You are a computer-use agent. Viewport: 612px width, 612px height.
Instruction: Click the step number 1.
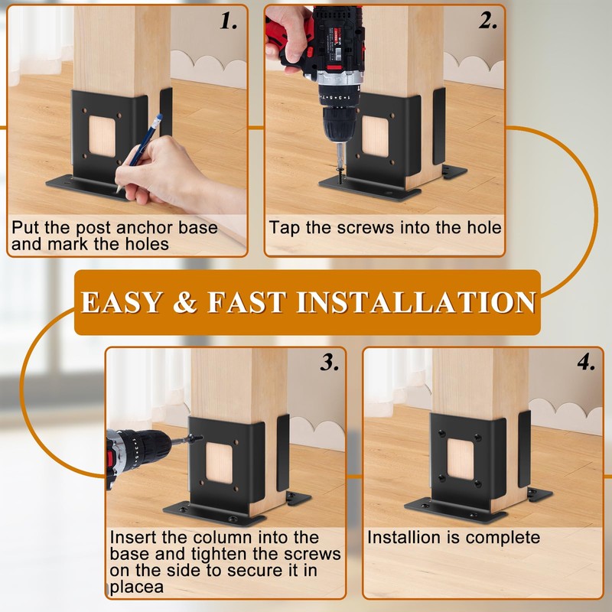(x=228, y=21)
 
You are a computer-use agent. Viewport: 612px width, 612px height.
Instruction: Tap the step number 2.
(x=488, y=21)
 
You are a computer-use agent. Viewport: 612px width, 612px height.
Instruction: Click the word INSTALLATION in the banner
(x=416, y=302)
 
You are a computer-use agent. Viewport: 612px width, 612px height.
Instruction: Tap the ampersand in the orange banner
(x=185, y=302)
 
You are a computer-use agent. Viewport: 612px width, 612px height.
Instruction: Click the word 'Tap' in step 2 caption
(x=285, y=228)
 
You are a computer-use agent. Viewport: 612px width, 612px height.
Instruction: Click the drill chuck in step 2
(x=339, y=123)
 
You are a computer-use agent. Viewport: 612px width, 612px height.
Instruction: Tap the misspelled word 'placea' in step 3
(x=137, y=588)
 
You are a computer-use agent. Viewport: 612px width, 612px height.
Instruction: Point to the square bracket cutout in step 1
(x=103, y=136)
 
